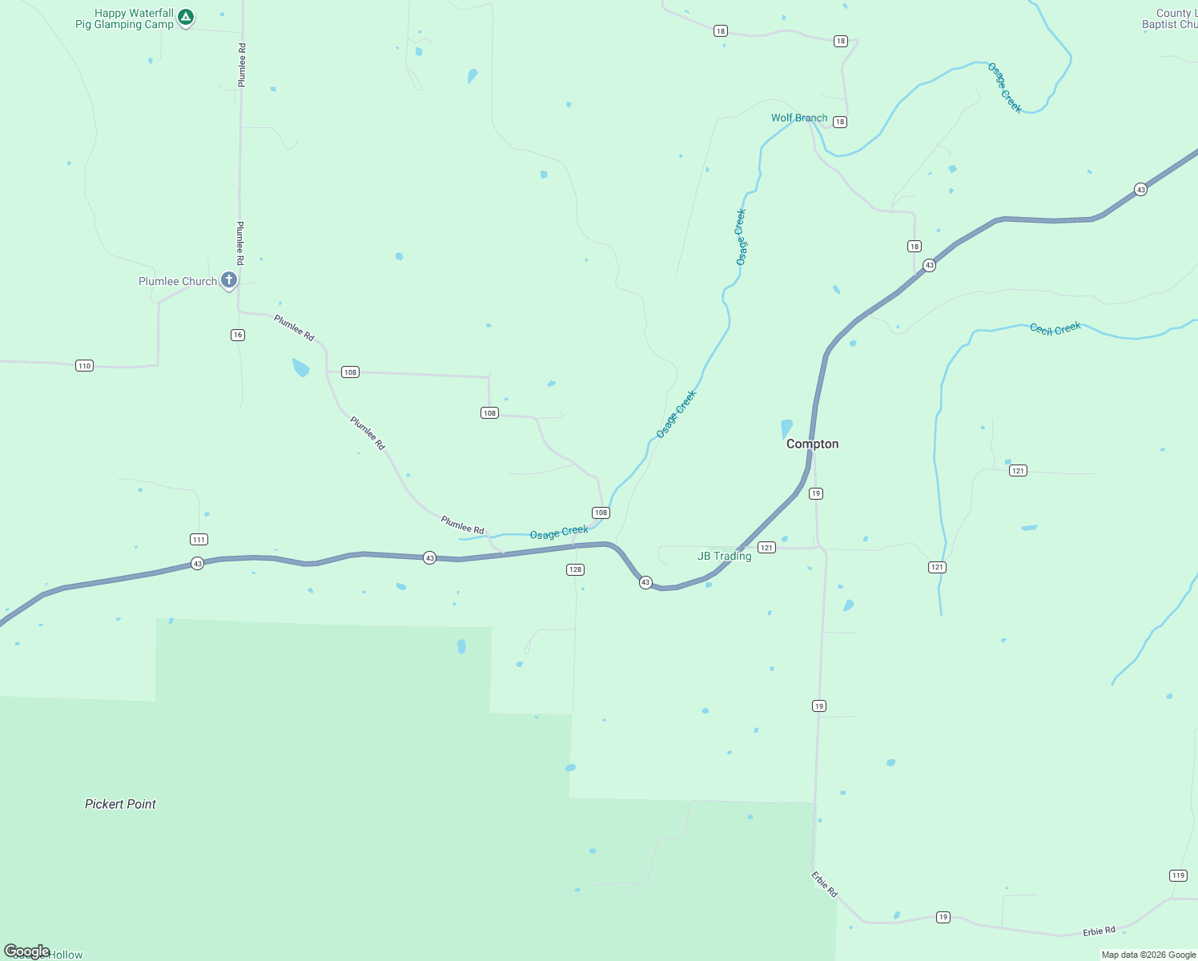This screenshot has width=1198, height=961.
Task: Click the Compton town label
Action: [x=812, y=444]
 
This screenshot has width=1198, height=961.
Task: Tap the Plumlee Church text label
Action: [x=178, y=281]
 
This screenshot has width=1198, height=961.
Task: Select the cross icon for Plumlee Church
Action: [x=229, y=279]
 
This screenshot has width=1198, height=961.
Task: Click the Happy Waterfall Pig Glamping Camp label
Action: [x=124, y=18]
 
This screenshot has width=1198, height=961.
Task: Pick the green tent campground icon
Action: [x=186, y=17]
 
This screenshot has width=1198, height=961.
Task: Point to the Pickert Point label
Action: [x=120, y=804]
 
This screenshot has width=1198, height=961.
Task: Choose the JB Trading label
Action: [x=724, y=556]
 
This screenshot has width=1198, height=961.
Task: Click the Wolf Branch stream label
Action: [x=799, y=118]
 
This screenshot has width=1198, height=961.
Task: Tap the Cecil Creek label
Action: [x=1055, y=328]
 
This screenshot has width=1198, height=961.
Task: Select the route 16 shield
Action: [x=238, y=335]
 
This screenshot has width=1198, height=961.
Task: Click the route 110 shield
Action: [x=84, y=366]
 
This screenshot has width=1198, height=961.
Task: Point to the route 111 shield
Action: [x=199, y=539]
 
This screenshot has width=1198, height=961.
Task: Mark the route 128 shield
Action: [x=575, y=569]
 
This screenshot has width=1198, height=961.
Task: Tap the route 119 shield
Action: [x=1178, y=875]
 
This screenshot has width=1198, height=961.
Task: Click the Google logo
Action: [x=27, y=951]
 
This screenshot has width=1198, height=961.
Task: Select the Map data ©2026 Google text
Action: [x=1148, y=955]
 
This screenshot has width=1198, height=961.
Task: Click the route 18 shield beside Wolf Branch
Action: [x=839, y=122]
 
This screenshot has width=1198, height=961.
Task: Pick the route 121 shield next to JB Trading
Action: [x=766, y=548]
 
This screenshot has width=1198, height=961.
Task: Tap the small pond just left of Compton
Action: [x=786, y=428]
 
